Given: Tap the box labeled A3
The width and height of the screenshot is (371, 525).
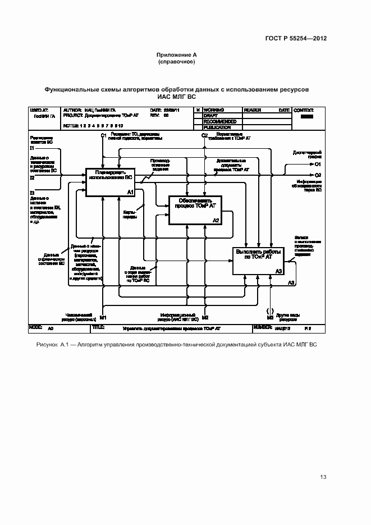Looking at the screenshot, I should pyautogui.click(x=258, y=261).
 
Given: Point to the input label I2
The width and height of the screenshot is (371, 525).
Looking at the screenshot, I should pyautogui.click(x=32, y=177).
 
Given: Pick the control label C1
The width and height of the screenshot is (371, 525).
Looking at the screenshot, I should pyautogui.click(x=103, y=136).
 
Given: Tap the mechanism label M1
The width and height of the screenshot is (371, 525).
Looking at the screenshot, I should pyautogui.click(x=103, y=318).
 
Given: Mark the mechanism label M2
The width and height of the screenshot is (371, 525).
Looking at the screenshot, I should pyautogui.click(x=205, y=318).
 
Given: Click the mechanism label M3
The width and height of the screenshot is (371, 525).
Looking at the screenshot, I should pyautogui.click(x=270, y=318).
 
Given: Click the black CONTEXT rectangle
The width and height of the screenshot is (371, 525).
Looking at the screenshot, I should pyautogui.click(x=306, y=117).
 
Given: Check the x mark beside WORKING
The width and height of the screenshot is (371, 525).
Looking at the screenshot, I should pyautogui.click(x=196, y=111).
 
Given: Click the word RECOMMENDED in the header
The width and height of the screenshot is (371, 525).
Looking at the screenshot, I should pyautogui.click(x=220, y=122).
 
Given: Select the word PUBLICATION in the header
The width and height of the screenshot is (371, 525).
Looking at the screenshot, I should pyautogui.click(x=218, y=127).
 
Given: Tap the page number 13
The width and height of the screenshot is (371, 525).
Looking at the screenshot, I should pyautogui.click(x=323, y=477).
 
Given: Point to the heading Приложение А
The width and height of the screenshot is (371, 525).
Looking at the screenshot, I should pyautogui.click(x=177, y=55).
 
